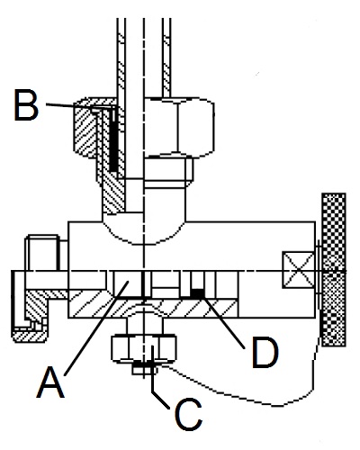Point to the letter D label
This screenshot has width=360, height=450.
(x=265, y=353)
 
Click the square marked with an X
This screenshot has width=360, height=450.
(x=299, y=271)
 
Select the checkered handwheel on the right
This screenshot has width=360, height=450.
(x=334, y=270)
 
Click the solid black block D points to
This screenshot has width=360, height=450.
(x=197, y=293)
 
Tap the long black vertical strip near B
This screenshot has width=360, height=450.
(x=113, y=140)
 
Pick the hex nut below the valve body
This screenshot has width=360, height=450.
(x=144, y=348)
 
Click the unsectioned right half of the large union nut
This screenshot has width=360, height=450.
(x=179, y=127)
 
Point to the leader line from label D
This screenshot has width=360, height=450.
(x=224, y=321)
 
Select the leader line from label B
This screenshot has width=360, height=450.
(x=80, y=105)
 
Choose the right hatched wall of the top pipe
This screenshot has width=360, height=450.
(x=166, y=57)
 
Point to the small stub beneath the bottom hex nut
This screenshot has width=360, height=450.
(x=145, y=369)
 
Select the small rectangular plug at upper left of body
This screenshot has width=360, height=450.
(x=43, y=253)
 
